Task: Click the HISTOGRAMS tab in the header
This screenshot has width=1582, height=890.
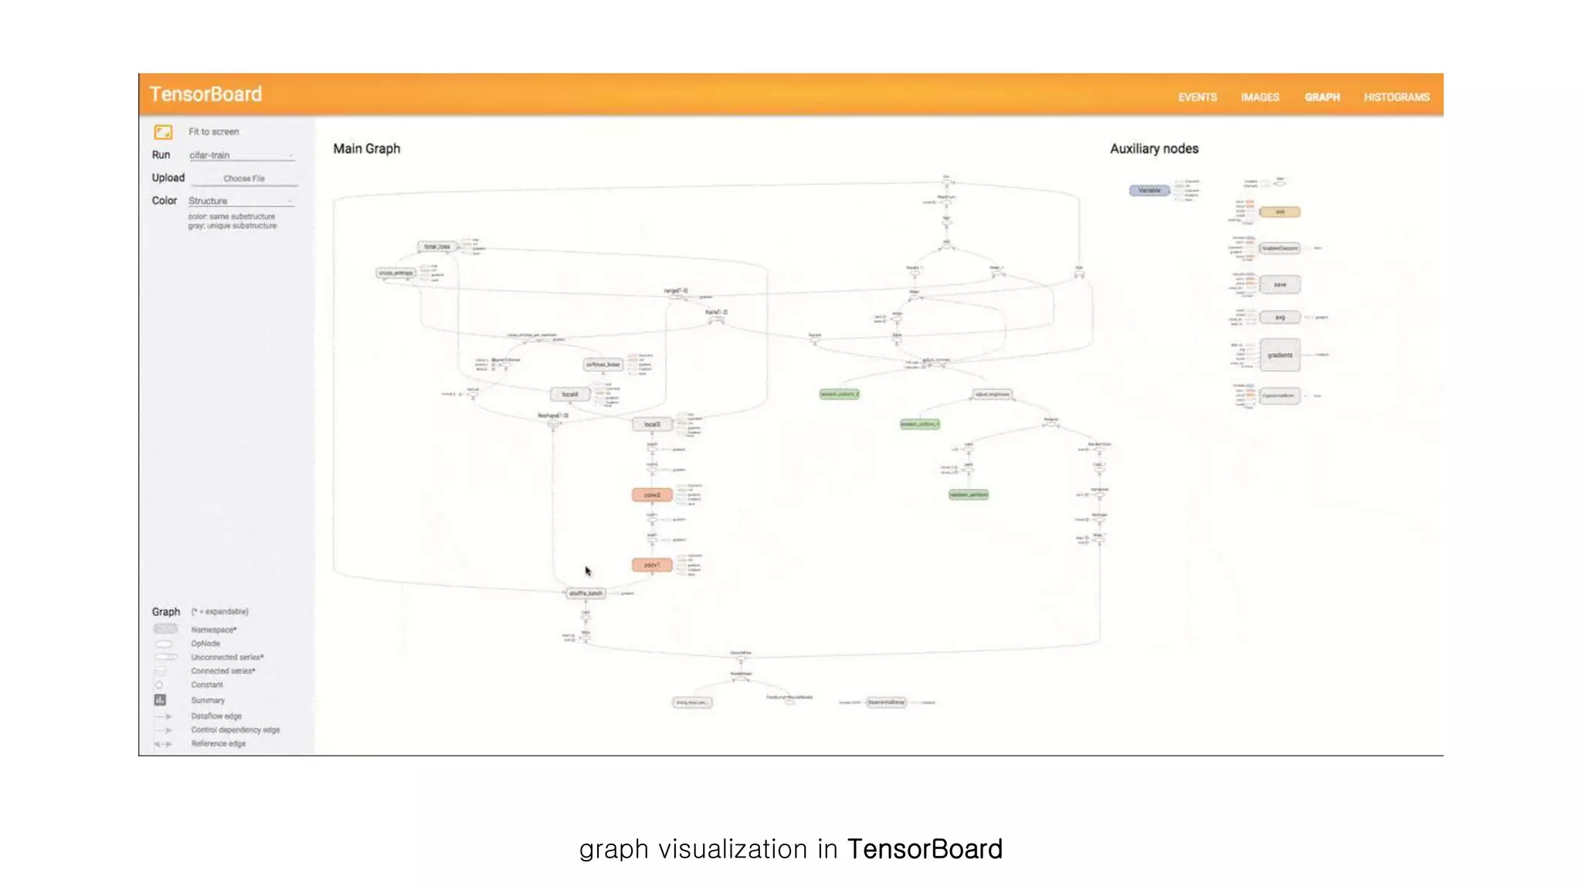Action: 1396,97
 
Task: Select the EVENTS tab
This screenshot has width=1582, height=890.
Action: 1197,97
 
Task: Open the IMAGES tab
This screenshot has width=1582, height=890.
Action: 1260,97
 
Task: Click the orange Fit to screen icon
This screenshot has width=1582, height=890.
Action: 163,132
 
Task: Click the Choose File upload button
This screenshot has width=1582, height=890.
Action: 244,178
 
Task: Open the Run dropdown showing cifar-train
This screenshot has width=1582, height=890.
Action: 241,155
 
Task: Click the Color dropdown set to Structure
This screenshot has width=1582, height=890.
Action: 241,201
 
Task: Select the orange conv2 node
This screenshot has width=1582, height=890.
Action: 652,495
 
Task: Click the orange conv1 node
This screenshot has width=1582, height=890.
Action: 652,566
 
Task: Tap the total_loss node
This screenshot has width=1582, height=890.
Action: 437,246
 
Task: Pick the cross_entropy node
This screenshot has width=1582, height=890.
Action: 395,273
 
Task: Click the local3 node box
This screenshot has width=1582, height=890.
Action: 652,424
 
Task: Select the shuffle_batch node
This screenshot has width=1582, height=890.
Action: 586,593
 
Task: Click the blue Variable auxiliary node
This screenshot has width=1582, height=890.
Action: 1149,190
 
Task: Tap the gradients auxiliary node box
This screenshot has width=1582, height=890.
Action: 1280,355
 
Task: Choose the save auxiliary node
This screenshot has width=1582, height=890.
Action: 1280,284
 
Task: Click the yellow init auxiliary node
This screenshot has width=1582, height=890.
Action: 1280,212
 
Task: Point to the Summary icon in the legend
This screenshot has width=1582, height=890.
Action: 160,700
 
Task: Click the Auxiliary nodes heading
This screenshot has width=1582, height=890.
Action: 1154,148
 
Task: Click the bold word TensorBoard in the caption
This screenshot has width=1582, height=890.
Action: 925,849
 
